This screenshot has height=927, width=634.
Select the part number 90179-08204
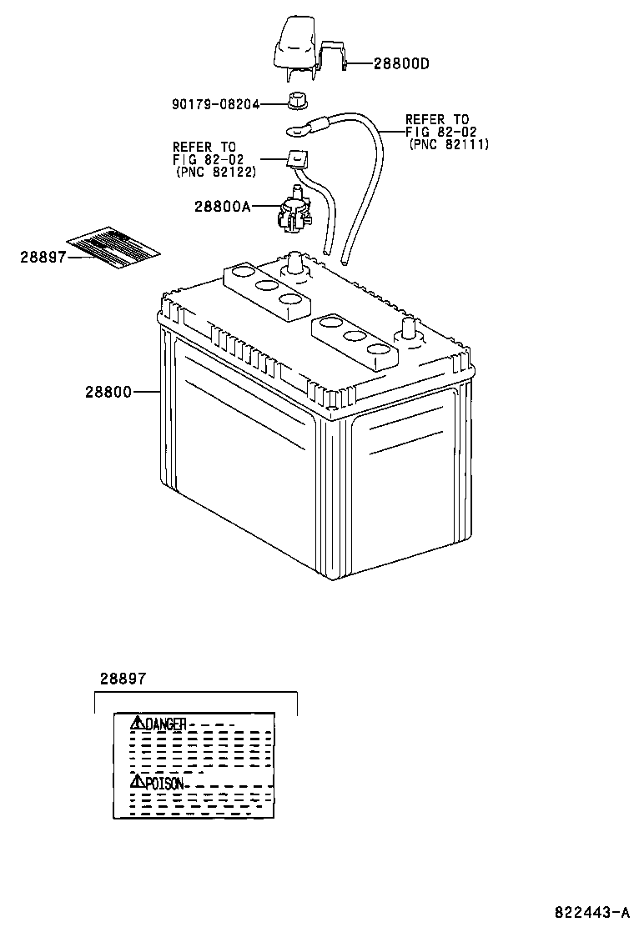pos(216,104)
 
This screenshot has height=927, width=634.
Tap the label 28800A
pos(223,206)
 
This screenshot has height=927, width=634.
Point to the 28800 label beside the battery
pos(108,391)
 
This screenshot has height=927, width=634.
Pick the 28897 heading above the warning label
pos(123,679)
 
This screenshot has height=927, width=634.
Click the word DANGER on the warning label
pos(165,724)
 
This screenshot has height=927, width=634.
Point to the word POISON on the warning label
pos(164,784)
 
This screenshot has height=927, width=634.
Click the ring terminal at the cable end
pos(298,129)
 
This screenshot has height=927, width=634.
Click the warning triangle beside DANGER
pos(137,723)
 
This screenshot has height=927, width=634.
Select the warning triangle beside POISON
pos(137,782)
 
